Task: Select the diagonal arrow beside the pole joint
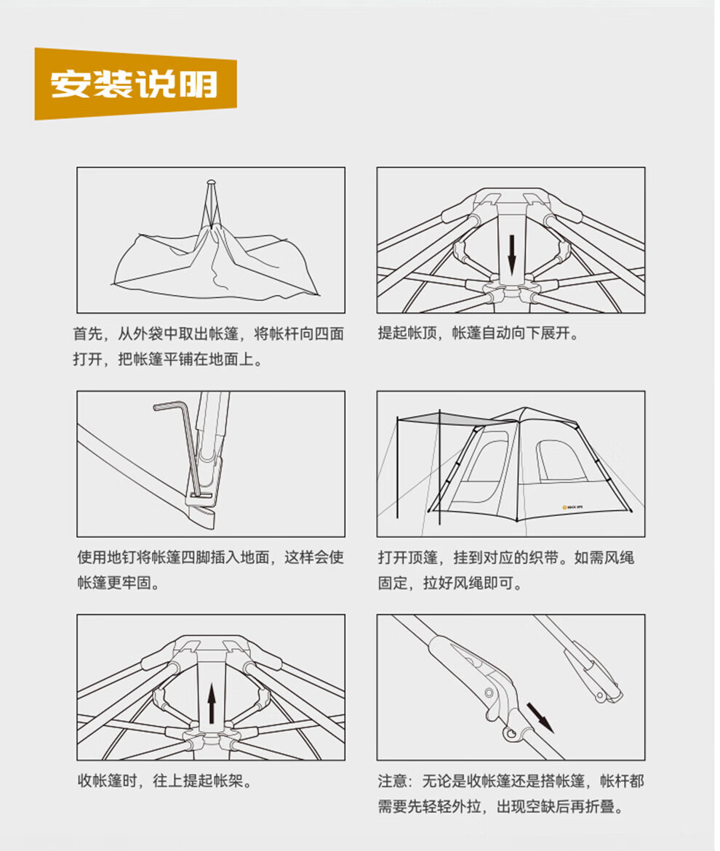coord(540,717)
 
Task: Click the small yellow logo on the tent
coord(564,508)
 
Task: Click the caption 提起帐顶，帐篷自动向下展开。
coord(478,334)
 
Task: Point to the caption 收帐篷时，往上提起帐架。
coord(164,782)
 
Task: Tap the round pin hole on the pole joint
coord(514,734)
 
